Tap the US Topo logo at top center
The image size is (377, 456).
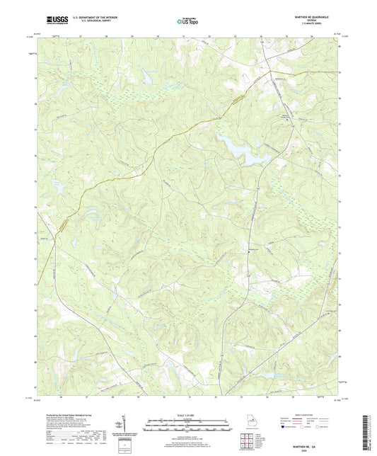188,22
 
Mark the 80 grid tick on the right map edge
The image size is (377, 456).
340,47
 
